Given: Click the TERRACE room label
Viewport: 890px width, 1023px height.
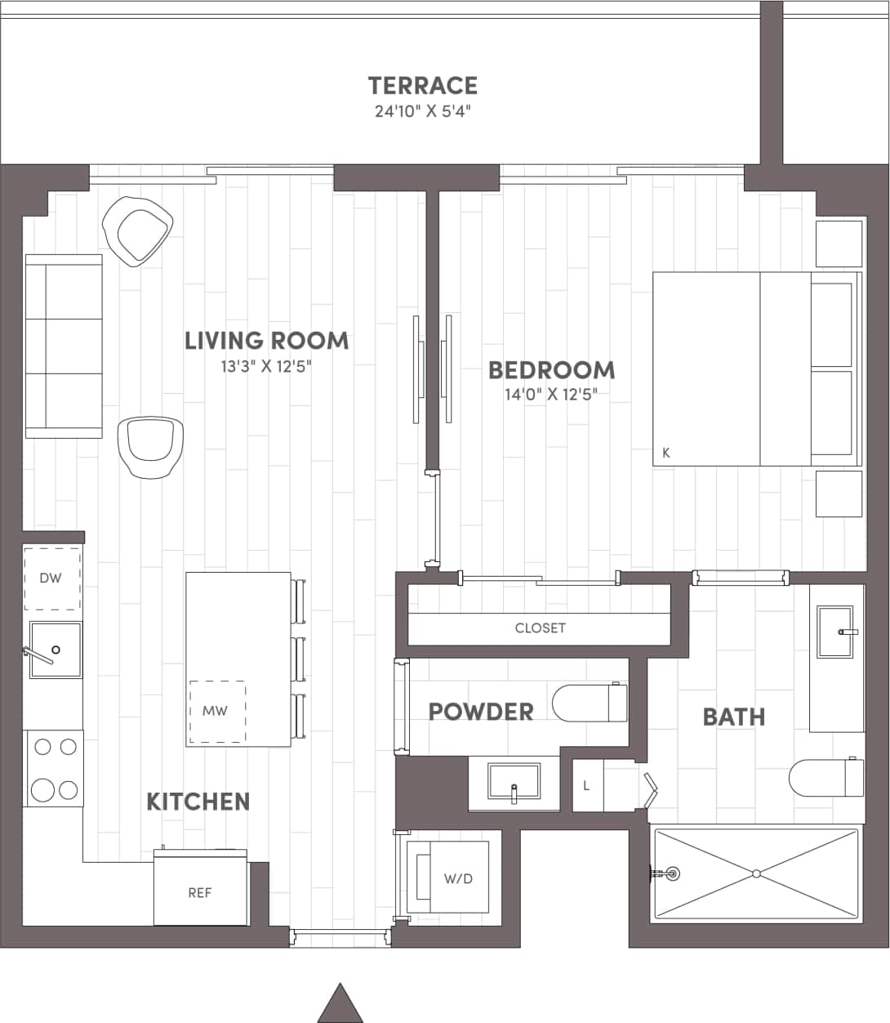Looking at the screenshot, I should click(422, 86).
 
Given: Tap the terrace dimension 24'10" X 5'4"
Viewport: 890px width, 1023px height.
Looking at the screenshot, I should click(423, 111).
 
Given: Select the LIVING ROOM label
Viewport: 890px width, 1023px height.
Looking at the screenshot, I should click(266, 341).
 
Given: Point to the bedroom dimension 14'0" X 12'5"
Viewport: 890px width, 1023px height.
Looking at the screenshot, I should click(551, 395).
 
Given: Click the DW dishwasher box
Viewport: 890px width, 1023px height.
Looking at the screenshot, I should click(51, 579).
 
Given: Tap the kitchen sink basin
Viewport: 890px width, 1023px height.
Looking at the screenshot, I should click(56, 650).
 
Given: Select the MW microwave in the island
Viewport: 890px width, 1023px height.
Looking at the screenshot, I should click(216, 711).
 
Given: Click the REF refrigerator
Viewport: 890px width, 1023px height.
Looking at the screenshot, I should click(201, 892).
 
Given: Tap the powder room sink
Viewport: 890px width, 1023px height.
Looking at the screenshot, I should click(514, 782).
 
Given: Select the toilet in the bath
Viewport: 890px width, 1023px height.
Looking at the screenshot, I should click(825, 778).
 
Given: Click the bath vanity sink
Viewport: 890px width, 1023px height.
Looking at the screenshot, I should click(834, 631).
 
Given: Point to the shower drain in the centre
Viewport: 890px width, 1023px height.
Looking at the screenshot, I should click(756, 873).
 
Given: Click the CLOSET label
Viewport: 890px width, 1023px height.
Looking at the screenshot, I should click(540, 628).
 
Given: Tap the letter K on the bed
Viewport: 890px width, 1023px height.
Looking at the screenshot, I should click(666, 453).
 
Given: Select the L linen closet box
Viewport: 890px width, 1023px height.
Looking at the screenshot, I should click(587, 786).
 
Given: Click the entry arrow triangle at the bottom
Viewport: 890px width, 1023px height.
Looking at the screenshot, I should click(340, 1003).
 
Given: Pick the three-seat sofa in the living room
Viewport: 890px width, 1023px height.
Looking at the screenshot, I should click(64, 346).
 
